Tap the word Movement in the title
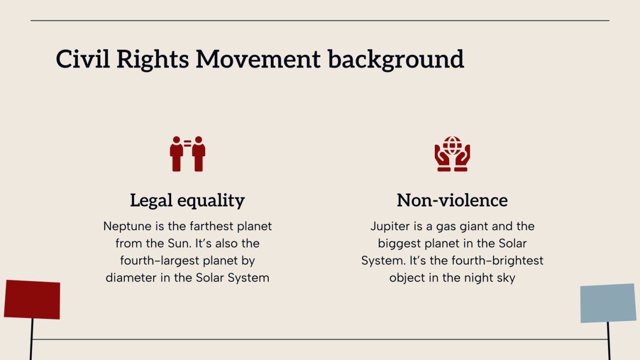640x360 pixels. pos(258,59)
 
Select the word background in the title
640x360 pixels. pos(396,59)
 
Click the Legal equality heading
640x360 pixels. pos(188,200)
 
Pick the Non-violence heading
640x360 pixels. pos(452,200)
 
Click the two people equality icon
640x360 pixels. pos(188,153)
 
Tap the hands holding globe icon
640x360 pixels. pos(452,153)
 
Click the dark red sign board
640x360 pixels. pos(32,300)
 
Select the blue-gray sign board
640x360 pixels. pos(608,303)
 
